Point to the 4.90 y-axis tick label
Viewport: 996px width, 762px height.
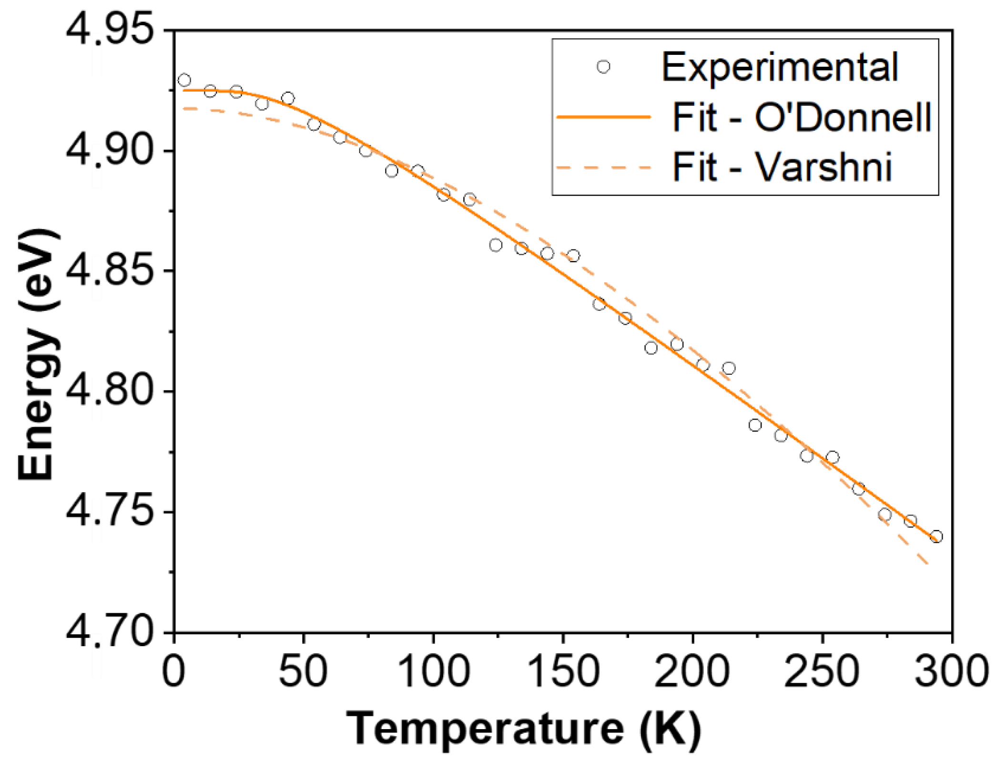[x=111, y=151]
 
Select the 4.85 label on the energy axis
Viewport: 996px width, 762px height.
[x=111, y=271]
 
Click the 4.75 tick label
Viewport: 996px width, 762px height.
[x=111, y=512]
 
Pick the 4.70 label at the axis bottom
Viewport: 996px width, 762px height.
[x=111, y=632]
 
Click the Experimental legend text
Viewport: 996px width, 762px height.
[x=780, y=67]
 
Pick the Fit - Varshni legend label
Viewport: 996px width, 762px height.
[x=782, y=167]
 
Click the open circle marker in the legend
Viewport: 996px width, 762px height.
[x=603, y=67]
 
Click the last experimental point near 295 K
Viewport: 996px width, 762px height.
[x=936, y=536]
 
